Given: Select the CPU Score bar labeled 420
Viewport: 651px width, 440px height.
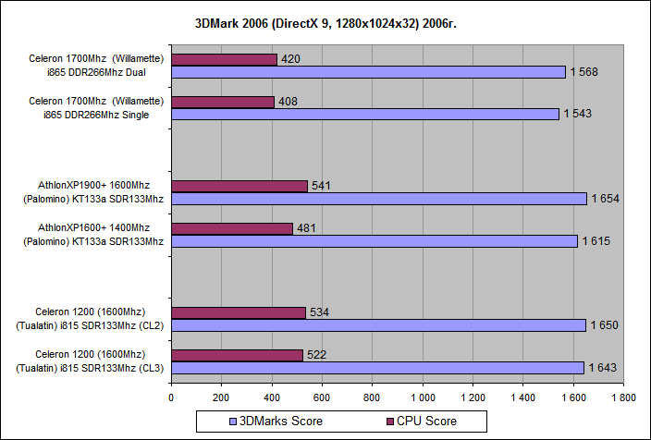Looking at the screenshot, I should tap(224, 59).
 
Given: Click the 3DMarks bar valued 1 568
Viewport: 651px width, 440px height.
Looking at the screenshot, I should tap(368, 72).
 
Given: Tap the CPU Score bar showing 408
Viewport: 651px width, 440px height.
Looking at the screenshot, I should tap(222, 102).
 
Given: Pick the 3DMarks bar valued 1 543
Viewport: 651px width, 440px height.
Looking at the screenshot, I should tap(365, 114).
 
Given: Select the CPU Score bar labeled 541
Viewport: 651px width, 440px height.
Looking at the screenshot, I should tap(239, 186).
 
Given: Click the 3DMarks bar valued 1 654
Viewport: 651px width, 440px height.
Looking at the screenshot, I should tap(379, 199).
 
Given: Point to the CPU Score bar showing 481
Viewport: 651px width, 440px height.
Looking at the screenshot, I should tap(231, 228).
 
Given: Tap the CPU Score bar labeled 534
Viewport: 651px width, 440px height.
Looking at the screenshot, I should tap(238, 312).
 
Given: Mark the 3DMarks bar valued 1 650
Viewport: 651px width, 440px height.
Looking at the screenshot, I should tap(378, 325).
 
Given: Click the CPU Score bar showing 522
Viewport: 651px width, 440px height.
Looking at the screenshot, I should tap(237, 355).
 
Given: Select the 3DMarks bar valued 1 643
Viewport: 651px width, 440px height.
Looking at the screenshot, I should tap(377, 368).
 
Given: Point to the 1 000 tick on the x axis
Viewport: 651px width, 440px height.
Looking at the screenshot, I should tap(422, 398).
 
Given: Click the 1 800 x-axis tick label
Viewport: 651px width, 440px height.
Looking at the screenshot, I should tap(622, 398).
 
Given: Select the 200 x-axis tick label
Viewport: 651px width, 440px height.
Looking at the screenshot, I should tap(221, 398).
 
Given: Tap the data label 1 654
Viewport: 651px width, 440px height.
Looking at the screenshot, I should tap(608, 199).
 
